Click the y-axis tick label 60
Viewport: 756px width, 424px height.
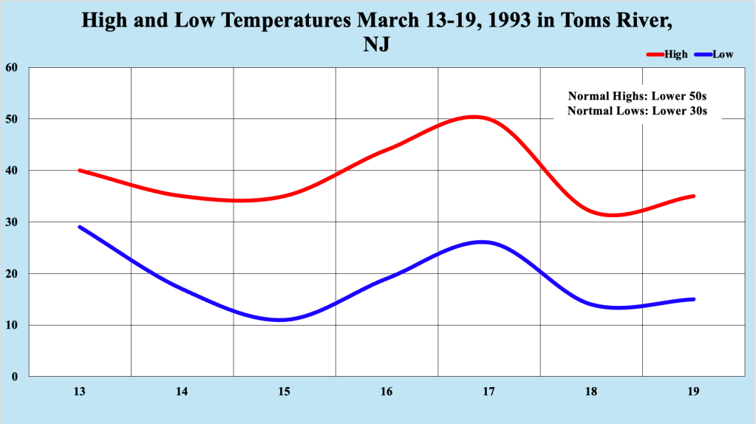[x=11, y=67]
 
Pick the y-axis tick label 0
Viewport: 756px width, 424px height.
[x=14, y=377]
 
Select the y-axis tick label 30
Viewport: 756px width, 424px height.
[x=11, y=222]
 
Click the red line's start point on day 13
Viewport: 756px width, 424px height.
[x=80, y=170]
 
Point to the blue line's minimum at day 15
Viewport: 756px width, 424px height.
[x=281, y=320]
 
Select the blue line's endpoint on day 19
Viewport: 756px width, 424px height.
[x=693, y=299]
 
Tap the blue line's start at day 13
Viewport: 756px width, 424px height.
[x=80, y=227]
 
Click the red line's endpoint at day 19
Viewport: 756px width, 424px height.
[x=693, y=196]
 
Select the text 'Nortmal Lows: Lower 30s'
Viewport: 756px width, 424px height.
[x=638, y=111]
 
